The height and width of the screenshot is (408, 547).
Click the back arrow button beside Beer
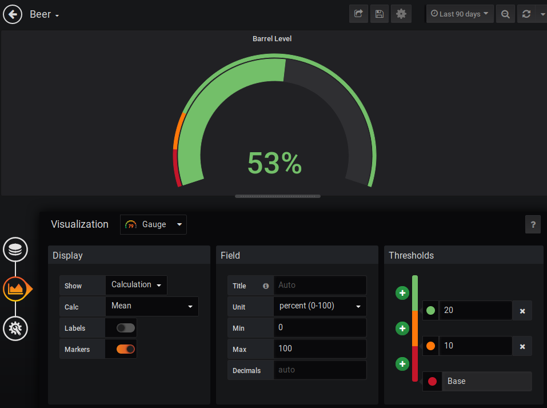[x=13, y=14]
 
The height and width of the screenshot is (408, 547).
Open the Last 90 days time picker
[x=460, y=14]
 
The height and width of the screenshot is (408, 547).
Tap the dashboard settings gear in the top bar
[x=401, y=14]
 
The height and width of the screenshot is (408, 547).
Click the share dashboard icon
[x=358, y=14]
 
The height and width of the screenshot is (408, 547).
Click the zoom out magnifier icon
[x=505, y=14]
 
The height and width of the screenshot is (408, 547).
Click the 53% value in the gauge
[x=274, y=164]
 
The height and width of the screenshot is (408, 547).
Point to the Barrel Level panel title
[x=272, y=39]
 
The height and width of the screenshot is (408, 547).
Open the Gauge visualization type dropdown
[x=154, y=224]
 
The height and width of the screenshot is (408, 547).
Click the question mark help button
[x=532, y=224]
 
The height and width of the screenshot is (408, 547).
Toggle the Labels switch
[x=126, y=328]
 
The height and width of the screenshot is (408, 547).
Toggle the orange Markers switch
[x=126, y=349]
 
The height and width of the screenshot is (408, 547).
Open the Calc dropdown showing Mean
[x=152, y=306]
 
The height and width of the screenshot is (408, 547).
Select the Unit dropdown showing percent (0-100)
[x=320, y=306]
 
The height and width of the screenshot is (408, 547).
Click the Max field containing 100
[x=320, y=348]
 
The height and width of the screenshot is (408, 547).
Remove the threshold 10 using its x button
[x=522, y=346]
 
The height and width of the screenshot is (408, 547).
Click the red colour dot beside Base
[x=432, y=381]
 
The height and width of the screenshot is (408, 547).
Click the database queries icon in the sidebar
[x=15, y=249]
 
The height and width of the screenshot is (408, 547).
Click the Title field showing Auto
[x=320, y=285]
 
